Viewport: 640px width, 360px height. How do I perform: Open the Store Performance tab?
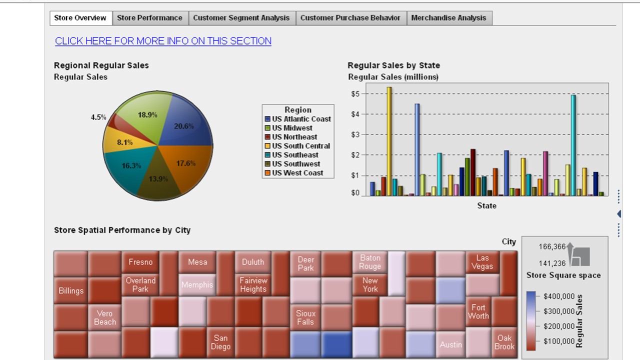(x=149, y=18)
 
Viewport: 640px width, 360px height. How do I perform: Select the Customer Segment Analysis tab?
(x=241, y=18)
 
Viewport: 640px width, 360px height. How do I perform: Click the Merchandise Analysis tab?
(x=448, y=18)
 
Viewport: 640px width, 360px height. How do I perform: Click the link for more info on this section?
(x=163, y=41)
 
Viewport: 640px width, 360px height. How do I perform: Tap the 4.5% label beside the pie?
(x=98, y=117)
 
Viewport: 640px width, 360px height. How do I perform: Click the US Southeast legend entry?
(x=295, y=155)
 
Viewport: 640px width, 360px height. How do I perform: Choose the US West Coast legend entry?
(x=297, y=173)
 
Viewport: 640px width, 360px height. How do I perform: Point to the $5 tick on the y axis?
(x=356, y=93)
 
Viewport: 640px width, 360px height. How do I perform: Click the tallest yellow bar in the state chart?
(x=389, y=140)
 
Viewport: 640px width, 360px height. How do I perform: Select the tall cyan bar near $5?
(x=573, y=145)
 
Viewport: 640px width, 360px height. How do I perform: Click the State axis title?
(x=486, y=205)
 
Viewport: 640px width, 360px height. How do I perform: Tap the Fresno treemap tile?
(x=140, y=262)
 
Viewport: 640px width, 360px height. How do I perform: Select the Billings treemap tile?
(x=71, y=290)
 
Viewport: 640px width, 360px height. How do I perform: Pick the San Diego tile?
(x=220, y=342)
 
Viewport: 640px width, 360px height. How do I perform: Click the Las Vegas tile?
(x=482, y=262)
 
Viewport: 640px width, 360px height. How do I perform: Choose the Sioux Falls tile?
(x=305, y=317)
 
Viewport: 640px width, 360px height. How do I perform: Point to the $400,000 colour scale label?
(x=559, y=296)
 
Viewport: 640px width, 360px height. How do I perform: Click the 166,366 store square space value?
(x=552, y=246)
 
